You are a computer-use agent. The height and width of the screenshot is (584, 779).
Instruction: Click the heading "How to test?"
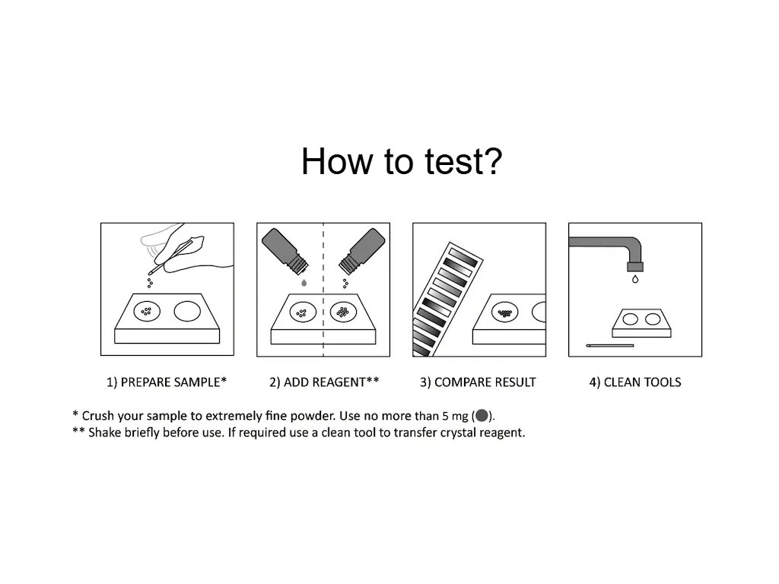402,161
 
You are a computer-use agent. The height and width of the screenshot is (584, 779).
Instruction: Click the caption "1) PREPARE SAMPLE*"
167,382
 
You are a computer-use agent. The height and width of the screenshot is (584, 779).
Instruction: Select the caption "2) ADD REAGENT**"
324,382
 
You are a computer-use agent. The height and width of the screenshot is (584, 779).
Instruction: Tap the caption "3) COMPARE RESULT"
478,382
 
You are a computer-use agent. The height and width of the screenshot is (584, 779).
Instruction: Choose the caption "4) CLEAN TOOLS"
635,382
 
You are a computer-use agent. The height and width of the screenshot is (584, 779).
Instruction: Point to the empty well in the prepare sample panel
187,311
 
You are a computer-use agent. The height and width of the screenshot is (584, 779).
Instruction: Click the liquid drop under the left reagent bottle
304,283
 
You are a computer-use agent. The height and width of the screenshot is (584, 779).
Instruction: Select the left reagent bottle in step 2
285,251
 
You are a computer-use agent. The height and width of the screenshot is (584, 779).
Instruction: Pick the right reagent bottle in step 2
361,251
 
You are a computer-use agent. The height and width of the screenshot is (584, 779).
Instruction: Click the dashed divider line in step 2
323,290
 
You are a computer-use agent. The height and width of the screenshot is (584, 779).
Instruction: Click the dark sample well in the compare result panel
505,313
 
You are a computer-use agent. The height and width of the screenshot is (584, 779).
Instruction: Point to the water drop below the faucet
635,280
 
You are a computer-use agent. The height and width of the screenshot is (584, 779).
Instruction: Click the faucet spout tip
635,267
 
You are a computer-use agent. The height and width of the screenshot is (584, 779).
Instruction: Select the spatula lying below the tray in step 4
609,345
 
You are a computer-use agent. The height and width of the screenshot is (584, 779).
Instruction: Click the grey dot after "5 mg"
482,415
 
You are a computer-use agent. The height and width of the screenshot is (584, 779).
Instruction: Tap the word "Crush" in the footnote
98,416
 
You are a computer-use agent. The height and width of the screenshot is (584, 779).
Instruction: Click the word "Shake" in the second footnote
104,433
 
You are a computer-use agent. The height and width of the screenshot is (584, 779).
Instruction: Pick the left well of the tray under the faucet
630,319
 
